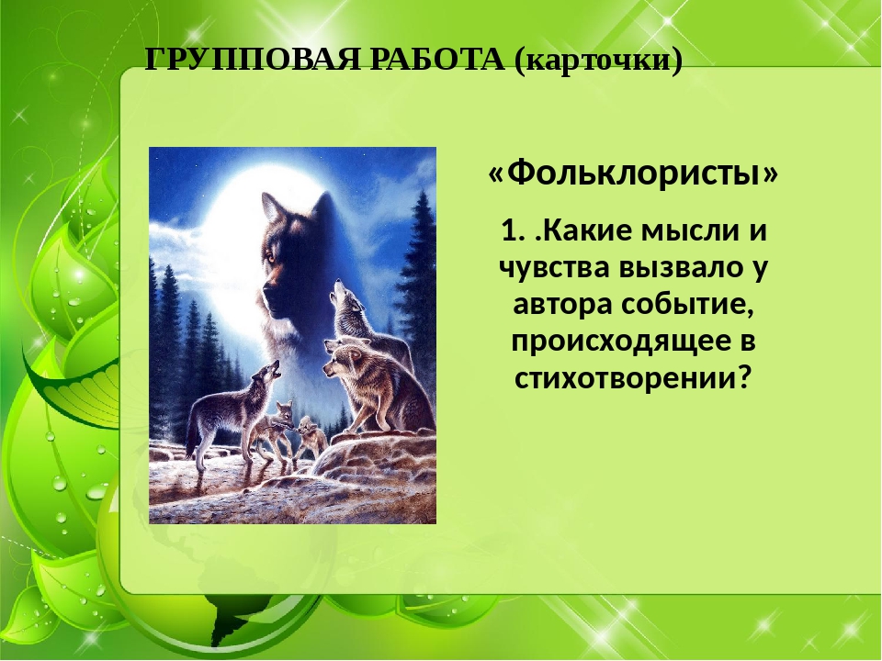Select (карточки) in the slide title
coord(598,61)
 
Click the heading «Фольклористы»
coord(633,173)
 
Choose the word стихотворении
coord(615,375)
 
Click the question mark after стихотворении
coord(744,375)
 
